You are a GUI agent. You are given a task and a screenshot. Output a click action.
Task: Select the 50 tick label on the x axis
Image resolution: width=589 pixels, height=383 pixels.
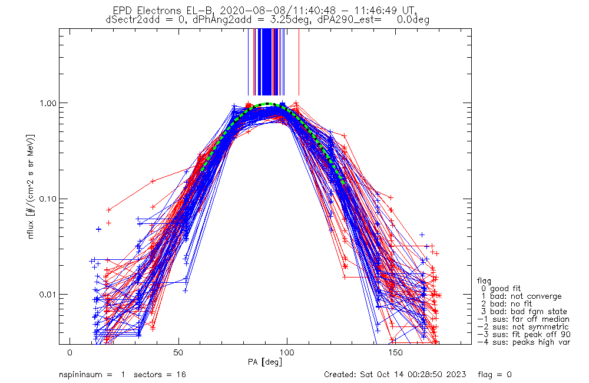(x=178, y=352)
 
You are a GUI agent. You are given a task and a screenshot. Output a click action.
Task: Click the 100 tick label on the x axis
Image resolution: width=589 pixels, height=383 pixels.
(x=287, y=352)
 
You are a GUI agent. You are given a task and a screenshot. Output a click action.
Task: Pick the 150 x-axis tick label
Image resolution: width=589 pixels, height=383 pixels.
(x=396, y=352)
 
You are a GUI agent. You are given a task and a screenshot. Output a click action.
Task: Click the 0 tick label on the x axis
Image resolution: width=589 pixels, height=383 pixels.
(x=70, y=352)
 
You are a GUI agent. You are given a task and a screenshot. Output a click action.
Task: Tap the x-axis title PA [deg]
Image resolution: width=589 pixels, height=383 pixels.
(x=265, y=362)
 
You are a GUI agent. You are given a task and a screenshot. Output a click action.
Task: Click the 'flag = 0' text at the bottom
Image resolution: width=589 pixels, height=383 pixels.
(x=495, y=375)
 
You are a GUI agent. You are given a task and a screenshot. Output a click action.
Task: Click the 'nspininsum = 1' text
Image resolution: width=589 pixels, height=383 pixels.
(x=92, y=375)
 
